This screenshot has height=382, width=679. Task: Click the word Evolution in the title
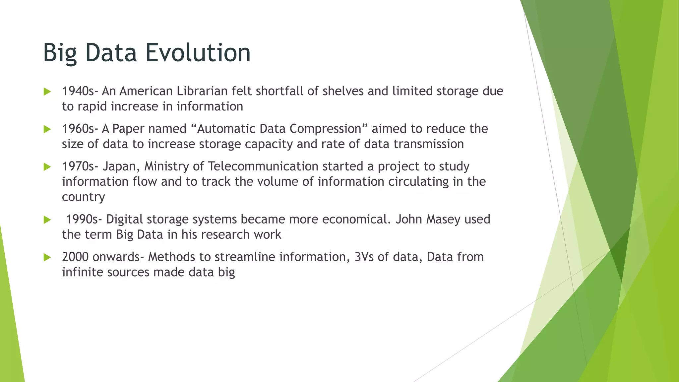[x=198, y=52]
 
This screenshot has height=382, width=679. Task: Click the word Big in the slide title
[x=60, y=53]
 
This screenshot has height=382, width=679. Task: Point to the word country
[x=83, y=197]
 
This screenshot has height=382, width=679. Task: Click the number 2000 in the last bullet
[x=75, y=257]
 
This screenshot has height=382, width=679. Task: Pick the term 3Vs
[x=364, y=257]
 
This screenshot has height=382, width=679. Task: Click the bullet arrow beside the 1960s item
[x=47, y=129]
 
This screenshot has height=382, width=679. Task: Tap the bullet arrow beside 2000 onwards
[x=47, y=257]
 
